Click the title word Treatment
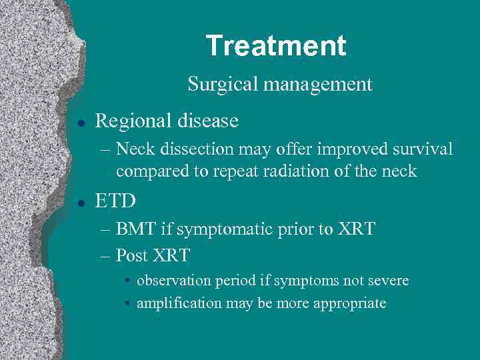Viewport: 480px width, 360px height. coord(276,46)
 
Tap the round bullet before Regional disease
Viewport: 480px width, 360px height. coord(80,122)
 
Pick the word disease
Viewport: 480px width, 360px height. coord(207,121)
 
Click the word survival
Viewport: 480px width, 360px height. coord(421,149)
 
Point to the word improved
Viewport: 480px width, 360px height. coord(345,149)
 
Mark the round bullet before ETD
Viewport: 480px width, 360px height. coord(80,201)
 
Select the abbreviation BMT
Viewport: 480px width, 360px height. coord(135,230)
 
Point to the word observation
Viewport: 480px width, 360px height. coord(174,281)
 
